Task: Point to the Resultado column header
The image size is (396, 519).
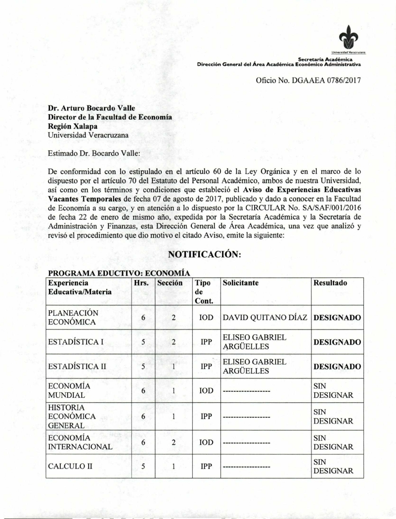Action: tap(330, 283)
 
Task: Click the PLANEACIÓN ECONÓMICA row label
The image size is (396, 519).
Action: tap(73, 318)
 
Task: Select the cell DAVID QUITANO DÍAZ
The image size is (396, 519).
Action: tap(265, 318)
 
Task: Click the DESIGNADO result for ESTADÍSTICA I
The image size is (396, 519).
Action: tap(337, 342)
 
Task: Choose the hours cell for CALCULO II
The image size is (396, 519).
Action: tap(143, 466)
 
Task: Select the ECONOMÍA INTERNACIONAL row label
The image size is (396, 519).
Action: tap(80, 442)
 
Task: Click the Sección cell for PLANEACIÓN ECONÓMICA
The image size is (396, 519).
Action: tap(174, 318)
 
